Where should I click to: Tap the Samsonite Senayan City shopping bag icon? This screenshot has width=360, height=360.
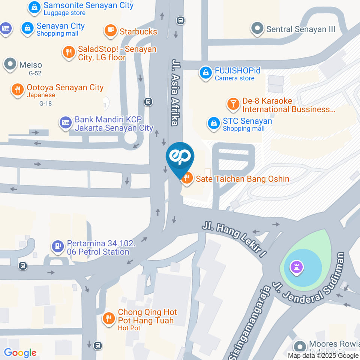(34, 7)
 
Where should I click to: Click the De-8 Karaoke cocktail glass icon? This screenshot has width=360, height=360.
(233, 104)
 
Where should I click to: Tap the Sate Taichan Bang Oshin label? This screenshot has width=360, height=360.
(242, 179)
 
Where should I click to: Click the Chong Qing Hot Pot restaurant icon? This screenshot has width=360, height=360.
(109, 318)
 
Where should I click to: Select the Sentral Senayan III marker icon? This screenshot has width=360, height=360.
(257, 28)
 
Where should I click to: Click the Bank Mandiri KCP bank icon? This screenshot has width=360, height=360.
(65, 123)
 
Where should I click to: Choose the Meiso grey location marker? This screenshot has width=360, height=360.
(10, 64)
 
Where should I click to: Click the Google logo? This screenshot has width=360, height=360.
(20, 352)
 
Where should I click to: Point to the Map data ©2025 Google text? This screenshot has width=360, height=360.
(323, 355)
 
